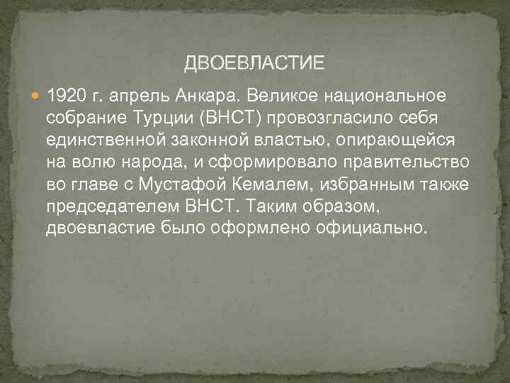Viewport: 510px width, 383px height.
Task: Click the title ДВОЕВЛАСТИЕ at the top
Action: tap(254, 64)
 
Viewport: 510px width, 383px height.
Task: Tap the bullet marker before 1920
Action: tap(37, 95)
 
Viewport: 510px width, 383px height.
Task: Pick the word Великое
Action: tap(277, 95)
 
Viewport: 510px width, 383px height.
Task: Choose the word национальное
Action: tap(385, 95)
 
